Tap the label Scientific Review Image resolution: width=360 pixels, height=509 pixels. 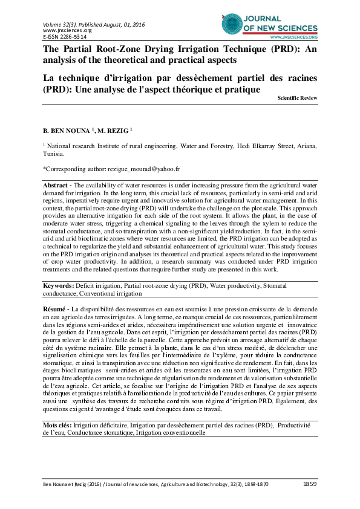click(x=297, y=98)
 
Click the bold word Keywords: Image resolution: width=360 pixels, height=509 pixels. click(x=59, y=285)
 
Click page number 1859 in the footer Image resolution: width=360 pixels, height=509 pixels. click(x=309, y=485)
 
